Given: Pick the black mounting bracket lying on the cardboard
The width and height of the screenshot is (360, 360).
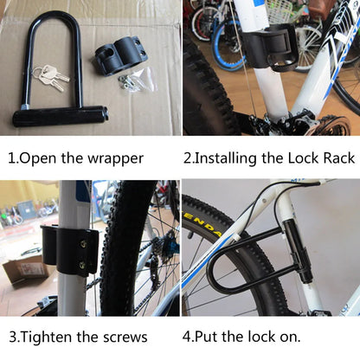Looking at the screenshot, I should pos(119,54).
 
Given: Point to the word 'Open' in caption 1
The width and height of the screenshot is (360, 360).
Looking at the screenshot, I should pos(42,158).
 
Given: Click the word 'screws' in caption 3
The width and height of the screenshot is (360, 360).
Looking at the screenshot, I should pos(122,337).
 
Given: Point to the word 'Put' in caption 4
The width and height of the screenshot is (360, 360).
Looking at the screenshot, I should pos(216,337).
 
